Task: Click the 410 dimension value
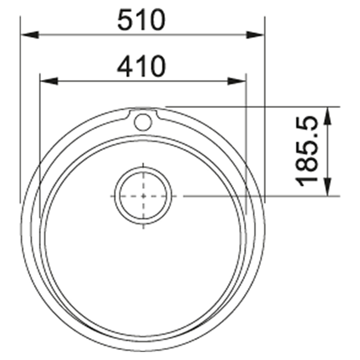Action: tap(141, 66)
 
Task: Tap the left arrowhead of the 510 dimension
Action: tap(30, 35)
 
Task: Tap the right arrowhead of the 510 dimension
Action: tap(255, 35)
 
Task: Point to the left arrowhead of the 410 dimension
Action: tap(49, 81)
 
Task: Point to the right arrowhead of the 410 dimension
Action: tap(236, 81)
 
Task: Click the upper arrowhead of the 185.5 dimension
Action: tap(328, 116)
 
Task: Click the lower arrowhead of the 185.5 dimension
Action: tap(328, 187)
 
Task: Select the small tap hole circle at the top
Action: tap(143, 122)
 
